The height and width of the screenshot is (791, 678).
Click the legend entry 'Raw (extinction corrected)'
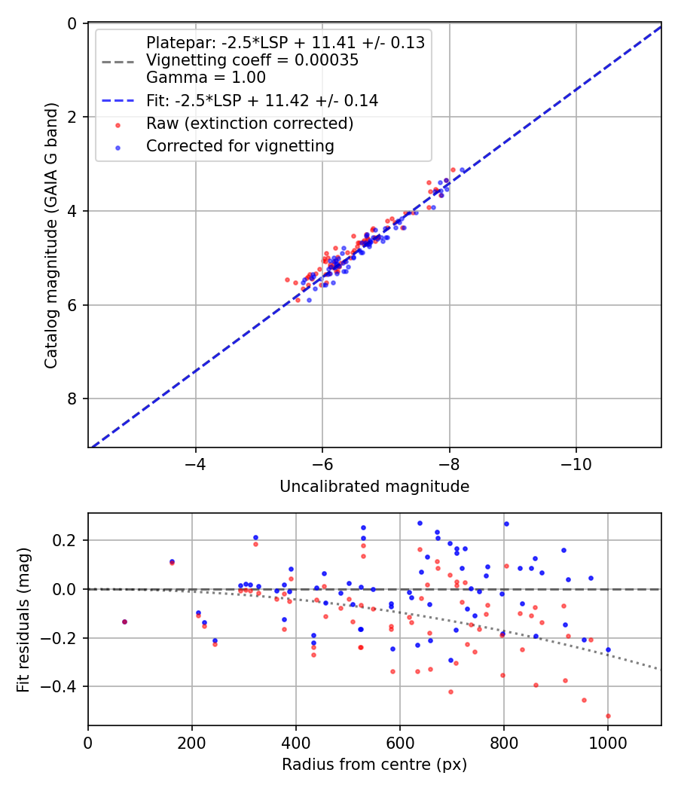pos(249,124)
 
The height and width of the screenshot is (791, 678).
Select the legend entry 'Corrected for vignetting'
pos(240,146)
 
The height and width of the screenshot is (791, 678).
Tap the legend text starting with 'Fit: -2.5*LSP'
pos(261,101)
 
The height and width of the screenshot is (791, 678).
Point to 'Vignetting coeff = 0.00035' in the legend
pos(252,60)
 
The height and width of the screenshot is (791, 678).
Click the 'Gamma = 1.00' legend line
pos(206,77)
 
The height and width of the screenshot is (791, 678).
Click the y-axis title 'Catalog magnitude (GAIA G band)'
pos(50,236)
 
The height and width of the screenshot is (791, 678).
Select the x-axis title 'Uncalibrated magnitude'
pos(374,487)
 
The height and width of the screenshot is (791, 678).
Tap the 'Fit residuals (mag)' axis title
pos(23,619)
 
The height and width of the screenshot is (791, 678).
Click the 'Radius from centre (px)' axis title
pos(374,765)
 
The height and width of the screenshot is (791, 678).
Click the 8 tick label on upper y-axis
pos(72,399)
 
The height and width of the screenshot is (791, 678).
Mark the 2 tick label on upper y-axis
pos(72,117)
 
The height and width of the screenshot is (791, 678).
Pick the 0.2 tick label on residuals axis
pos(68,540)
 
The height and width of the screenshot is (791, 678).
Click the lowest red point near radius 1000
pos(608,716)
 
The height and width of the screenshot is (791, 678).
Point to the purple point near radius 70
pos(124,621)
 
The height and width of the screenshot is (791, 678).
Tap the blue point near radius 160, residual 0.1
pos(172,561)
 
